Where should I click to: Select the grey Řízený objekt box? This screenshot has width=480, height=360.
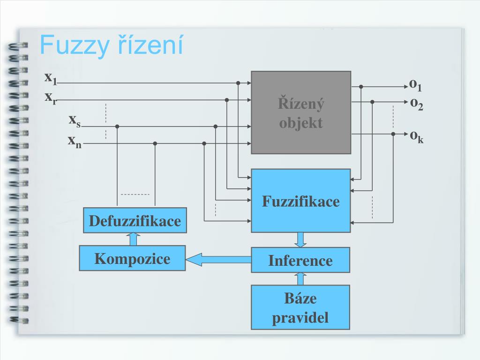tap(301, 112)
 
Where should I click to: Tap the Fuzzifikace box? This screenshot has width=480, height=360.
tap(301, 201)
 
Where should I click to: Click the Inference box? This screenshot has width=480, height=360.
tap(300, 260)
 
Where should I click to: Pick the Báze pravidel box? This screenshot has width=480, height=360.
tap(300, 307)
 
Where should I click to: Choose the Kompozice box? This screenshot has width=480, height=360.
tap(132, 258)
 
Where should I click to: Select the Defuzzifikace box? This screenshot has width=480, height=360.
tap(135, 220)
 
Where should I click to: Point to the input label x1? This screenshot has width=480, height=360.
tap(51, 78)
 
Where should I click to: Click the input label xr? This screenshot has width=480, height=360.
tap(51, 98)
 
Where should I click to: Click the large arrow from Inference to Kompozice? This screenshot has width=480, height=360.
tap(218, 259)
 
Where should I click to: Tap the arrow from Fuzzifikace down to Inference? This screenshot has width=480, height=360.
tap(300, 240)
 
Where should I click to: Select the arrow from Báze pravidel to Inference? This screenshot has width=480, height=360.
tap(300, 278)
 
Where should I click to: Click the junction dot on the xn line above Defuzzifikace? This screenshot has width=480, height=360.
tap(155, 143)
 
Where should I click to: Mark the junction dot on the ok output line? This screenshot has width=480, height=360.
tap(393, 134)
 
